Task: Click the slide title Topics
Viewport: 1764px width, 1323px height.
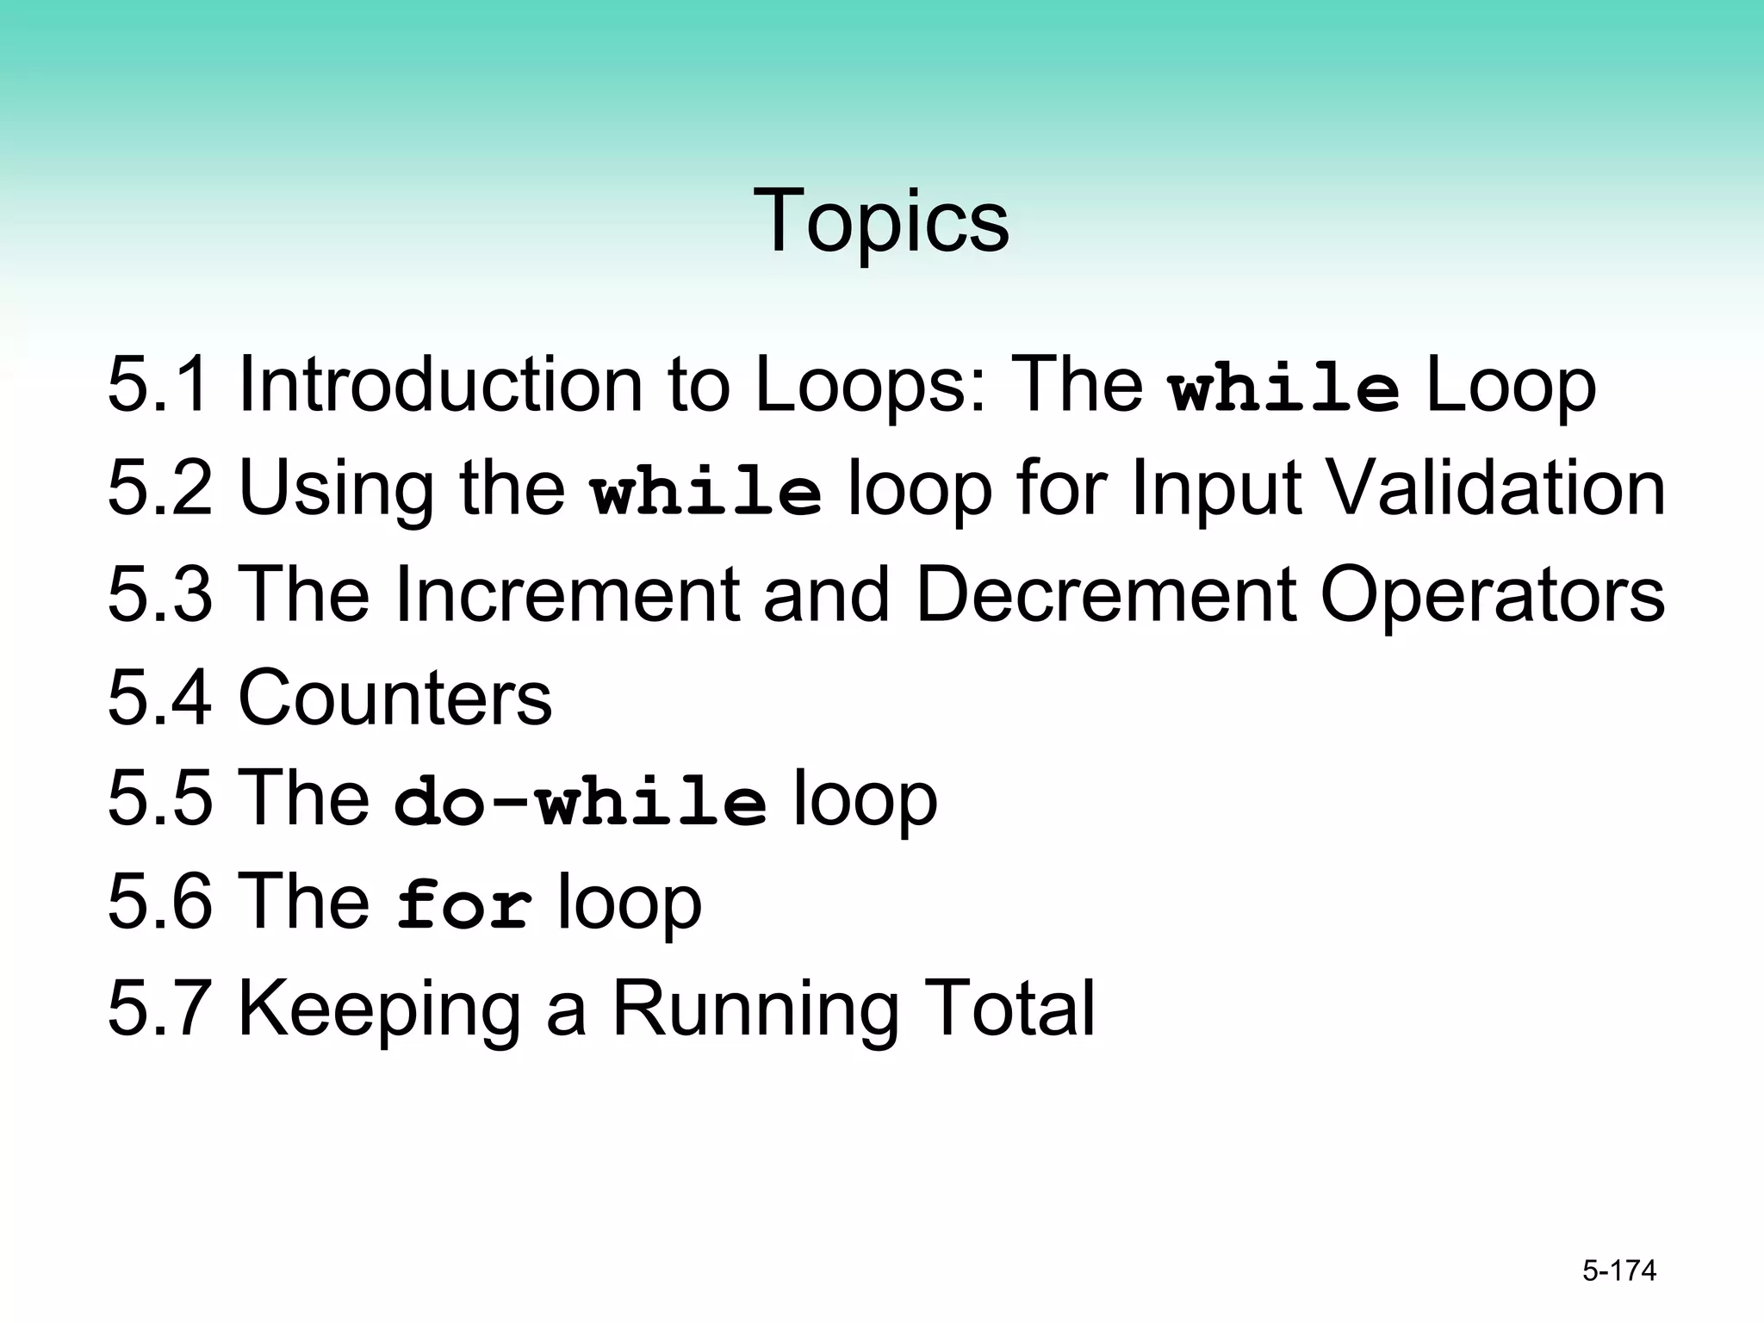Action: pyautogui.click(x=880, y=221)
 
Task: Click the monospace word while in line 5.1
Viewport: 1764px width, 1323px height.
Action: pyautogui.click(x=1283, y=389)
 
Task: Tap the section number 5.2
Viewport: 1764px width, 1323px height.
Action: pyautogui.click(x=158, y=488)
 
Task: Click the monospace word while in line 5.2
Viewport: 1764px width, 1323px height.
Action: pyautogui.click(x=706, y=493)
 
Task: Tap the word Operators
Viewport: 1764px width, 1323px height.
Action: pyautogui.click(x=1492, y=595)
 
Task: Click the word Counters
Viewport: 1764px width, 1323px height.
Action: pyautogui.click(x=394, y=697)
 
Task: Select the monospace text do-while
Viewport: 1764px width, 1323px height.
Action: pyautogui.click(x=580, y=803)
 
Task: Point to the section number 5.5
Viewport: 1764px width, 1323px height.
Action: pyautogui.click(x=158, y=799)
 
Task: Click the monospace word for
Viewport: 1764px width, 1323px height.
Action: pyautogui.click(x=464, y=906)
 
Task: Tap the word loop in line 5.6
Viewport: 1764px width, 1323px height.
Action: pyautogui.click(x=630, y=904)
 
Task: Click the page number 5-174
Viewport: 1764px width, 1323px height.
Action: pyautogui.click(x=1619, y=1270)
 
